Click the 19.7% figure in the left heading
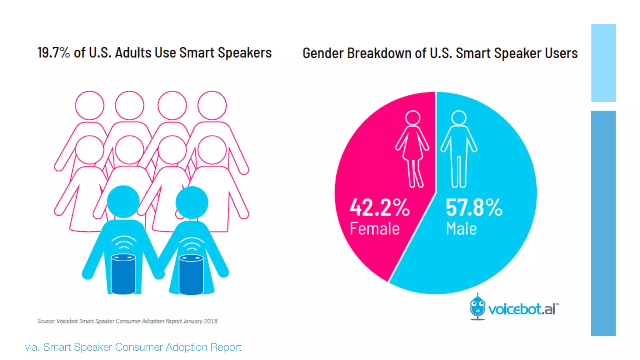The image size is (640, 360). tap(53, 52)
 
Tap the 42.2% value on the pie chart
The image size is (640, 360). tap(379, 207)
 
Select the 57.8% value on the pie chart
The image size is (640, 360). tap(474, 207)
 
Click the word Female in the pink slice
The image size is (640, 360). tap(374, 228)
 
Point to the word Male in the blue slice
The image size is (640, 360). tap(461, 228)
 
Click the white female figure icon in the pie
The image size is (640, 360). tap(412, 148)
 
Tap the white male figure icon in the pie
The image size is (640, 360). tap(459, 148)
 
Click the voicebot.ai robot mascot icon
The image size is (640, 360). tap(477, 307)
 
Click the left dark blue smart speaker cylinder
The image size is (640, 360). tap(123, 274)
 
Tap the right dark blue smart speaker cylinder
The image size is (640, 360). tap(191, 275)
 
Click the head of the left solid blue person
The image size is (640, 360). tap(123, 202)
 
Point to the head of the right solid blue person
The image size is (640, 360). tap(192, 202)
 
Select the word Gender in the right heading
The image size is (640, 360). tap(323, 53)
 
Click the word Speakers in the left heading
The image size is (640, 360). tap(245, 52)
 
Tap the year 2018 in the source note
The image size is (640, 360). tap(211, 321)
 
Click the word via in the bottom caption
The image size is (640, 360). tap(32, 347)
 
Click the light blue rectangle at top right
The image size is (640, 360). tap(603, 63)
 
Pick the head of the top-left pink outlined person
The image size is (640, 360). tap(90, 105)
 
